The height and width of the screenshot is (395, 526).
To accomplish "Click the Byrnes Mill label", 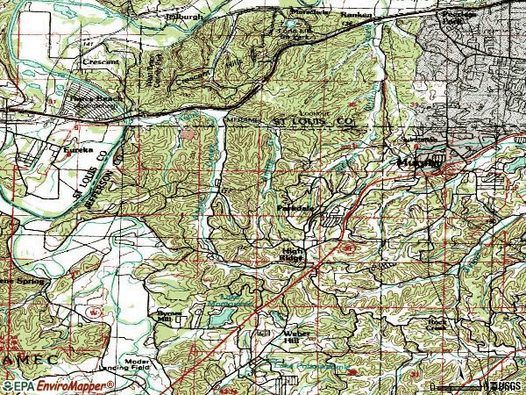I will tap(168, 317).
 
